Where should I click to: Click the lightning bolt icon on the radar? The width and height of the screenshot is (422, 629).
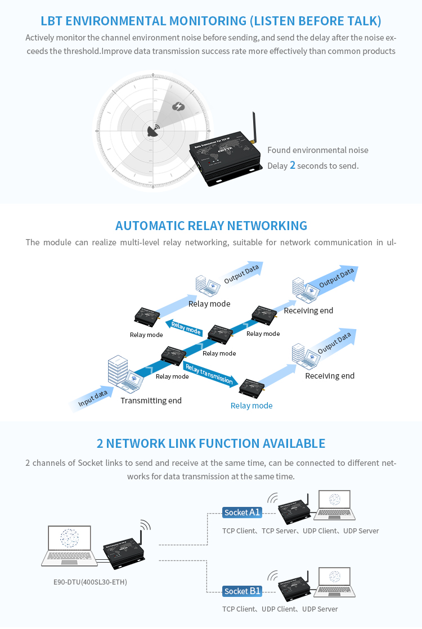pyautogui.click(x=178, y=106)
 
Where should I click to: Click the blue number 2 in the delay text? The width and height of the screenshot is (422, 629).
pyautogui.click(x=292, y=165)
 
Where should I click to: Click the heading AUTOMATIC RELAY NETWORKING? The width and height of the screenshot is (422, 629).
pyautogui.click(x=211, y=226)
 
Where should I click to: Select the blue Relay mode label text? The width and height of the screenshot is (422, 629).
pyautogui.click(x=252, y=406)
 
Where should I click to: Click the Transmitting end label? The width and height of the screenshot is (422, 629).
pyautogui.click(x=151, y=401)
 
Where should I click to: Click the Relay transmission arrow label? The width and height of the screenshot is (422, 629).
pyautogui.click(x=209, y=375)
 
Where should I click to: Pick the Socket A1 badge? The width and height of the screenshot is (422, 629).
pyautogui.click(x=242, y=512)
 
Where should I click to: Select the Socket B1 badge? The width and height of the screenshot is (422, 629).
pyautogui.click(x=242, y=591)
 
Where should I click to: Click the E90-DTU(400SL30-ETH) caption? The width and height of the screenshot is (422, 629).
pyautogui.click(x=86, y=582)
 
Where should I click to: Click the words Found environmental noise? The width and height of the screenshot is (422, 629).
pyautogui.click(x=318, y=150)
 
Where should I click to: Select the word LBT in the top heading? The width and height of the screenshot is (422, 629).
pyautogui.click(x=52, y=21)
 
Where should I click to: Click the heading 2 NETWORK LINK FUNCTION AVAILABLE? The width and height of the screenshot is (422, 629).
pyautogui.click(x=211, y=443)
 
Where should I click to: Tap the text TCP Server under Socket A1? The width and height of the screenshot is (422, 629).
pyautogui.click(x=279, y=531)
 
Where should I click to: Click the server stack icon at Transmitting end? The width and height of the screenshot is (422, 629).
pyautogui.click(x=117, y=371)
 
